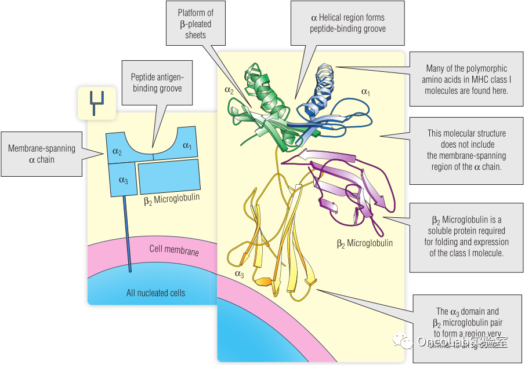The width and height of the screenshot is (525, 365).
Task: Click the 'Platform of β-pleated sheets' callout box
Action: [x=194, y=24]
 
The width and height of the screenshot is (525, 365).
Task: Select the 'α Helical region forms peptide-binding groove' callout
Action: [x=347, y=23]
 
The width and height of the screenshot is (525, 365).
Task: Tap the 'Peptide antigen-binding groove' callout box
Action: [x=156, y=82]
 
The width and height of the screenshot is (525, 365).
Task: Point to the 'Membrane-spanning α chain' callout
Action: [x=41, y=154]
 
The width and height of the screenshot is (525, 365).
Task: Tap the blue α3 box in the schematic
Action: [x=122, y=180]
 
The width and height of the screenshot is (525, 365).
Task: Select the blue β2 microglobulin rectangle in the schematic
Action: [x=170, y=176]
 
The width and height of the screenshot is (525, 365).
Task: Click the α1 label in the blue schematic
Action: [x=187, y=145]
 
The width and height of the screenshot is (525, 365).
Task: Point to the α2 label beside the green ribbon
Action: [x=229, y=90]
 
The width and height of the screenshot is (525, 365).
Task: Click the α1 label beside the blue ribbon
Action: [x=366, y=91]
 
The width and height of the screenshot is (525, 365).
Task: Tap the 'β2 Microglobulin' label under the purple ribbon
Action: [x=364, y=243]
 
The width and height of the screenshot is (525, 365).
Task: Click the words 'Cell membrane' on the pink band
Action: [x=173, y=251]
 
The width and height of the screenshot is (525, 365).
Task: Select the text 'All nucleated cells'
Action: [x=155, y=293]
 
